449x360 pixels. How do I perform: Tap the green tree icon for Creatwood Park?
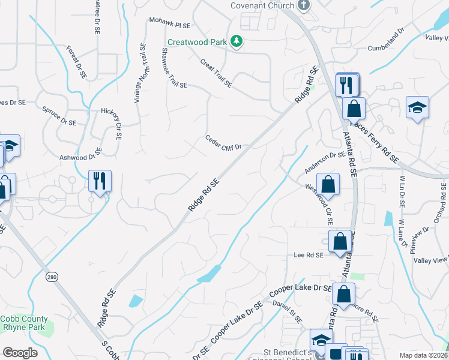click(x=238, y=41)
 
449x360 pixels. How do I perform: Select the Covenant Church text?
click(x=263, y=5)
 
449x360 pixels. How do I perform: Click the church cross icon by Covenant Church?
click(x=304, y=5)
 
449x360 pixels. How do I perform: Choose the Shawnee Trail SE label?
click(x=166, y=67)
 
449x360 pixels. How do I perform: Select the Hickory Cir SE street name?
click(x=112, y=122)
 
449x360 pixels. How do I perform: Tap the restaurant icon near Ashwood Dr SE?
click(x=100, y=180)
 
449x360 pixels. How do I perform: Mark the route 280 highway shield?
click(x=52, y=277)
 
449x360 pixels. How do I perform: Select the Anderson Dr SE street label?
click(x=325, y=162)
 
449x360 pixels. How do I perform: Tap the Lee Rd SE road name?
click(x=309, y=255)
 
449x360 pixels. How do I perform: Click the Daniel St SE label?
click(x=287, y=310)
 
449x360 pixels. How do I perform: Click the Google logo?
click(x=20, y=352)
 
